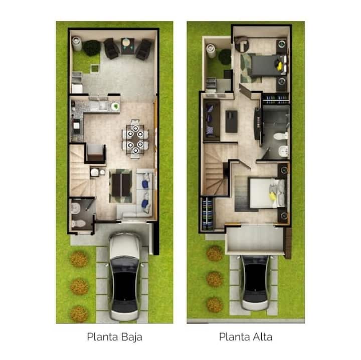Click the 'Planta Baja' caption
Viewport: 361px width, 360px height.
pos(114,337)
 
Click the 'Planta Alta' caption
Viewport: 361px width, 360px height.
pos(245,337)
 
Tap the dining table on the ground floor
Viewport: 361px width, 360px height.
pos(135,139)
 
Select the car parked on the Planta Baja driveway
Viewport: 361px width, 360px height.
pos(125,277)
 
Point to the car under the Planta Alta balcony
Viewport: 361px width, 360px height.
pos(255,282)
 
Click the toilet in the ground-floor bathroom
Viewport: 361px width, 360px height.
pos(78,223)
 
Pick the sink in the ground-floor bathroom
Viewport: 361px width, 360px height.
pos(76,208)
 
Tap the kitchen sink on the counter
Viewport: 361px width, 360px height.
pos(102,106)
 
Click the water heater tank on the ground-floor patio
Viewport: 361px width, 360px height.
pos(77,44)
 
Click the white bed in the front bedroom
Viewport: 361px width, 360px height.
pos(267,193)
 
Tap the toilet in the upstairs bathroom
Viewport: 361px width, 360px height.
pos(280,136)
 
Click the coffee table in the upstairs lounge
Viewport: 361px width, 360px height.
pos(231,121)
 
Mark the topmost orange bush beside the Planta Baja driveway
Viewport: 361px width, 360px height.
pos(79,259)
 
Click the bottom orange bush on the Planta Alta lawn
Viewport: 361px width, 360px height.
pos(215,305)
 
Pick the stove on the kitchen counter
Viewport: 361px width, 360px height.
pos(76,126)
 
